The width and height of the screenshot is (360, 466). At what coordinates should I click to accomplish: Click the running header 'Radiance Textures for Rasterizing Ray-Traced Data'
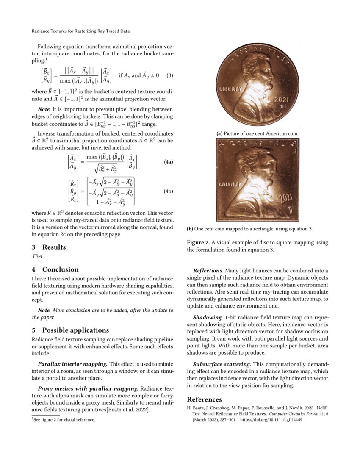pyautogui.click(x=80, y=31)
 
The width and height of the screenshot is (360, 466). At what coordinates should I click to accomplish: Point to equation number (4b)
pyautogui.click(x=168, y=191)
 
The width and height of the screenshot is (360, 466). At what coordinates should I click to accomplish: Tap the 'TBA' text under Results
pyautogui.click(x=37, y=256)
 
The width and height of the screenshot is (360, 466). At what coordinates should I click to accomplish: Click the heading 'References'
pyautogui.click(x=204, y=399)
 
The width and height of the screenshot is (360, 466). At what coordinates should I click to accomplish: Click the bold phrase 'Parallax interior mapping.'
pyautogui.click(x=72, y=364)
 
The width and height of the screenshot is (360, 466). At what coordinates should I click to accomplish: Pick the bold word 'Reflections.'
pyautogui.click(x=208, y=270)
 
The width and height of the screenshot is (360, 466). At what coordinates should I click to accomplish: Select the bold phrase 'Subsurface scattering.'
pyautogui.click(x=222, y=364)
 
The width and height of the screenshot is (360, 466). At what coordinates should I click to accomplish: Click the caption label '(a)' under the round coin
pyautogui.click(x=219, y=133)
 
